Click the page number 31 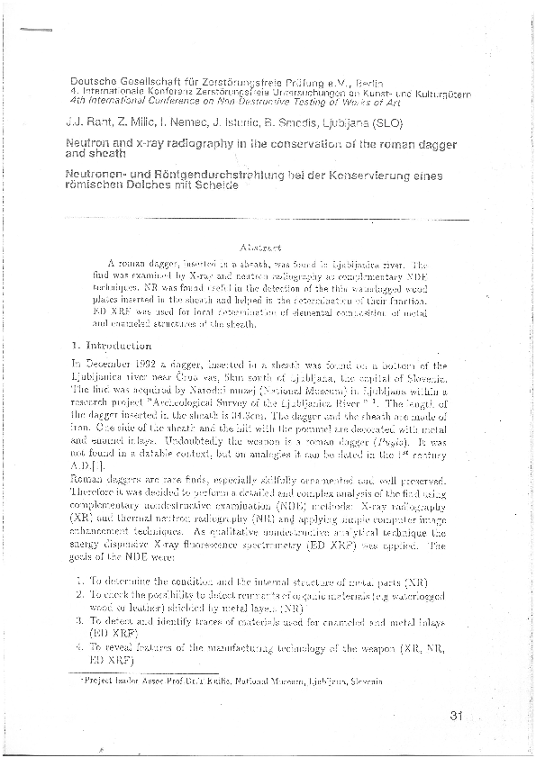pos(453,717)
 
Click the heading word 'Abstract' pos(261,245)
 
